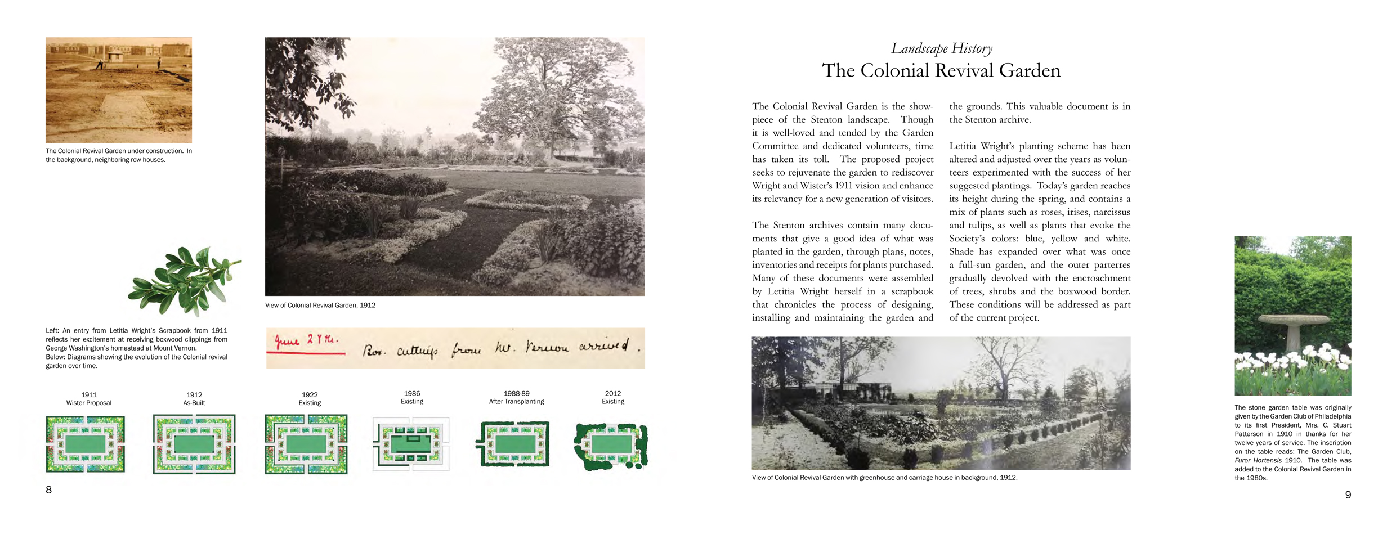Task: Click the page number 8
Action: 48,490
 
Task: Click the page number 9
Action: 1348,495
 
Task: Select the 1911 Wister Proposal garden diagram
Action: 86,444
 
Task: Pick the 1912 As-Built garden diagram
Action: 194,444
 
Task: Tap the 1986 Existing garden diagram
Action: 411,444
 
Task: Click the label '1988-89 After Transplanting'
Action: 516,398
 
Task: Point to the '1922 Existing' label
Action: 310,399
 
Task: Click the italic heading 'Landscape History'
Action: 941,49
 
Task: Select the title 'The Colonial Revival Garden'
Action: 941,71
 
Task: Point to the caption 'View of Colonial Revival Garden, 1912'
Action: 320,306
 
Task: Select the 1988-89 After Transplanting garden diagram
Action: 513,444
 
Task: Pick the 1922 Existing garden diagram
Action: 306,444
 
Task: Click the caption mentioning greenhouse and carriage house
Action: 884,478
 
